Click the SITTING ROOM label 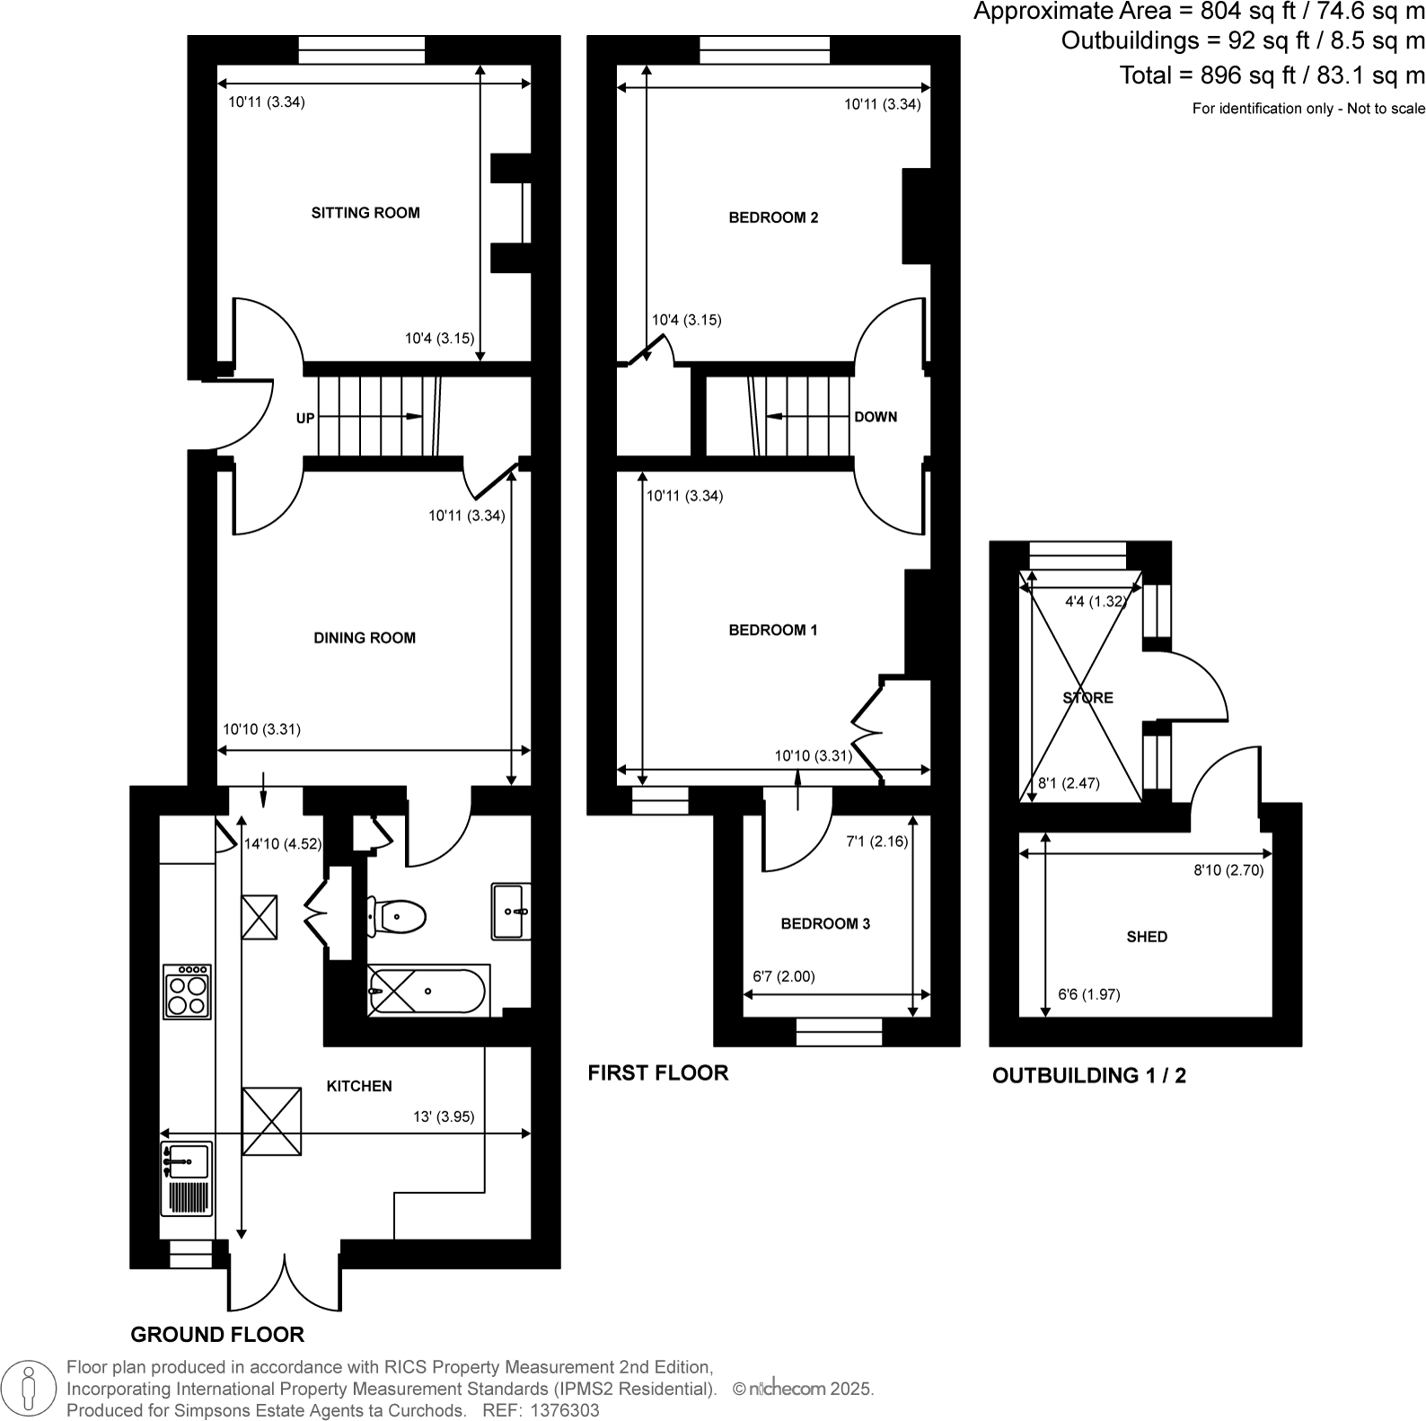pos(365,213)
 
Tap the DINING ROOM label pos(365,638)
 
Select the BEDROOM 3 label pos(825,923)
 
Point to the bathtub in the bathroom pos(427,992)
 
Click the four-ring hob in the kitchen pos(187,992)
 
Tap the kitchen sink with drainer pos(187,1178)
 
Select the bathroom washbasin pos(511,912)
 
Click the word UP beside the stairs pos(305,419)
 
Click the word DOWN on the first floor pos(876,417)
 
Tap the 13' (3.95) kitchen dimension pos(444,1116)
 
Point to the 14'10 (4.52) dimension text pos(283,844)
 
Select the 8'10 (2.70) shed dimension pos(1228,869)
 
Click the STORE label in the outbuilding pos(1087,697)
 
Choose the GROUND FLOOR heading pos(217,1334)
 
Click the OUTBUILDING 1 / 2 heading pos(1088,1075)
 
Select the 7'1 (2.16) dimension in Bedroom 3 pos(877,843)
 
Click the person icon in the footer pos(30,1388)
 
